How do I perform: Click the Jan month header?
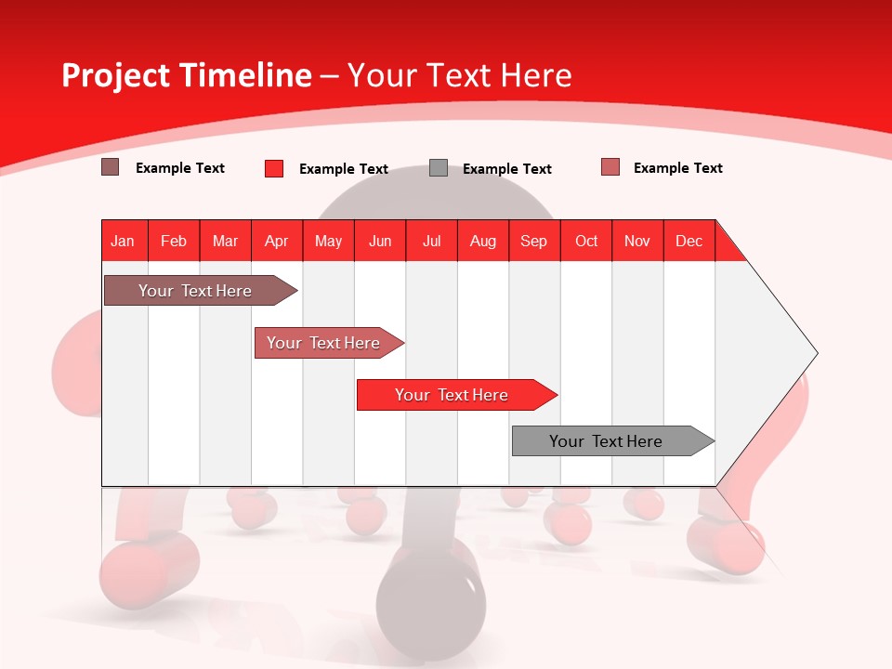(123, 241)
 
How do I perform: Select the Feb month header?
(174, 241)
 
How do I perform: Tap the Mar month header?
(225, 241)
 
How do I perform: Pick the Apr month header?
(277, 241)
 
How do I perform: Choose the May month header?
(328, 241)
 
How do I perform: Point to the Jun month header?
(380, 241)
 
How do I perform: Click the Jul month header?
(431, 241)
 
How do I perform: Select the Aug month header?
(483, 241)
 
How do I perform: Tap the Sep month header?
(534, 241)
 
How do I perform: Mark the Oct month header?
(586, 241)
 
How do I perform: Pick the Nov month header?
(637, 241)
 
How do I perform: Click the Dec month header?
(689, 241)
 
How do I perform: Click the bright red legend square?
(274, 168)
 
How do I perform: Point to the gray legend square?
(439, 168)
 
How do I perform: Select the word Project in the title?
(114, 75)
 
